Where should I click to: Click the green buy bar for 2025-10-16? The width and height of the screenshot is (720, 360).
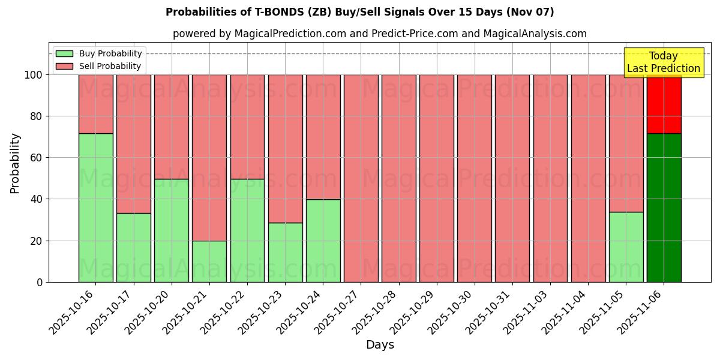(x=95, y=208)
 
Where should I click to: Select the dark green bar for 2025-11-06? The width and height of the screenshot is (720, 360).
(x=664, y=208)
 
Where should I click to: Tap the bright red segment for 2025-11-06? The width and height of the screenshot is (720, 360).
(x=664, y=104)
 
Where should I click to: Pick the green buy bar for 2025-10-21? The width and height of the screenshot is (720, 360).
(x=209, y=261)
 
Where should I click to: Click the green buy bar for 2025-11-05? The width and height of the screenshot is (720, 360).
(x=626, y=247)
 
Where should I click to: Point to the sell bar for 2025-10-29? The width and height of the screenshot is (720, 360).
(x=436, y=178)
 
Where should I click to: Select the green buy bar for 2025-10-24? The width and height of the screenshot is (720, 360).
(x=323, y=241)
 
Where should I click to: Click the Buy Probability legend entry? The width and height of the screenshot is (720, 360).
(x=100, y=53)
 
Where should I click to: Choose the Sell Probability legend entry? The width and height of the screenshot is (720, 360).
(x=100, y=66)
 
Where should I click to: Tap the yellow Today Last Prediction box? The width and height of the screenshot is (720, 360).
(x=663, y=63)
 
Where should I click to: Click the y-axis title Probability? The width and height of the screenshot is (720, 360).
(x=15, y=163)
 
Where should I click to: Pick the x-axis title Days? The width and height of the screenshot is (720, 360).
(x=380, y=345)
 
